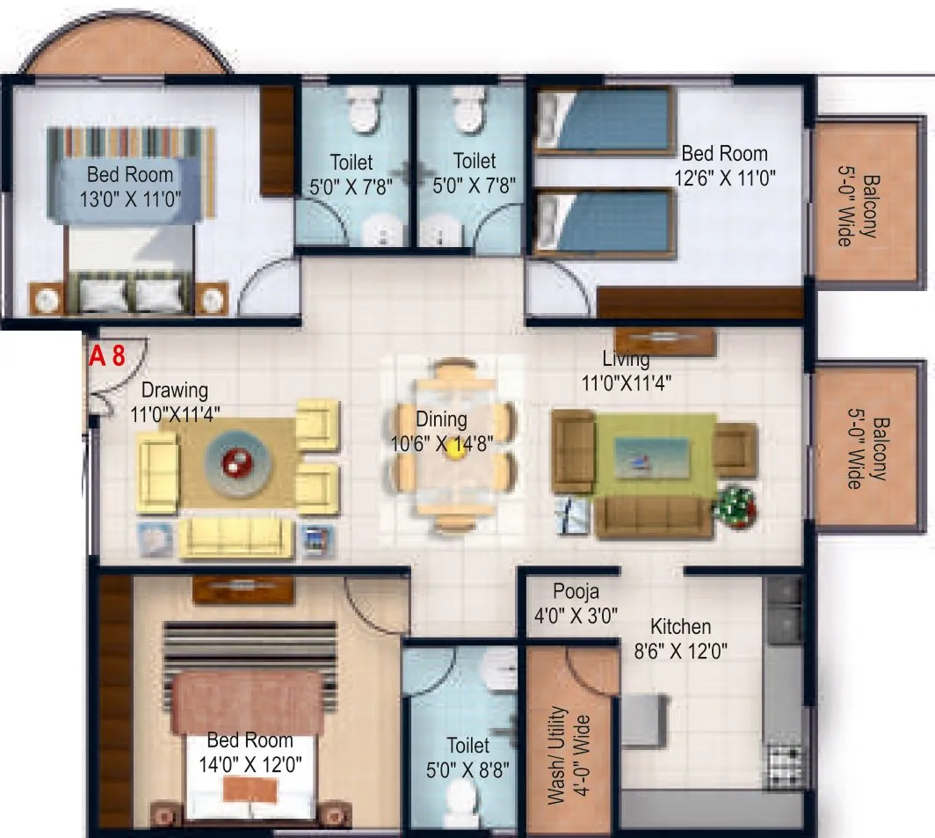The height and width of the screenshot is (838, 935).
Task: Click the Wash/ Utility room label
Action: pyautogui.click(x=568, y=754)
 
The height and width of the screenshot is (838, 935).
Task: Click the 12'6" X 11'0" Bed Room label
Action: pyautogui.click(x=724, y=165)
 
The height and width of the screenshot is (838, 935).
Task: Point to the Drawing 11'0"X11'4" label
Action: pyautogui.click(x=175, y=400)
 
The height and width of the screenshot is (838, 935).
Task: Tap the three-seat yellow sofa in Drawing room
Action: pyautogui.click(x=235, y=536)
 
